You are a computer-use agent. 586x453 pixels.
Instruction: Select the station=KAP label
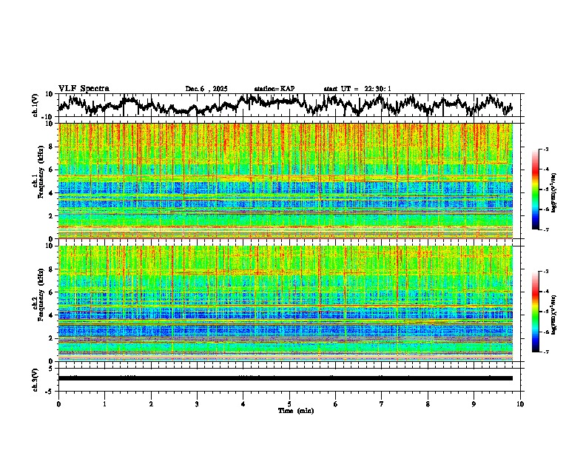tap(275, 89)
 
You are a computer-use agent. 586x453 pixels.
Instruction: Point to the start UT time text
tap(357, 89)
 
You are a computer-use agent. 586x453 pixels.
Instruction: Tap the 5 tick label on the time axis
tap(289, 404)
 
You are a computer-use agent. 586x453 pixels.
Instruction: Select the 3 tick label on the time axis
tap(197, 404)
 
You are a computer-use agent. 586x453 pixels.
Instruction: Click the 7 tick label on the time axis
tap(382, 404)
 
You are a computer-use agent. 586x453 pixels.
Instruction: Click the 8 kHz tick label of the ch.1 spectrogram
tap(53, 147)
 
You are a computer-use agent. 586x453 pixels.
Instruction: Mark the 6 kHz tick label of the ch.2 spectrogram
tap(53, 292)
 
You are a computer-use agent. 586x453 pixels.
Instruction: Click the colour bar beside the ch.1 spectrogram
tap(542, 189)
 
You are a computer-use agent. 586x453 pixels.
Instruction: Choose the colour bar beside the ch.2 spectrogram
tap(542, 312)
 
